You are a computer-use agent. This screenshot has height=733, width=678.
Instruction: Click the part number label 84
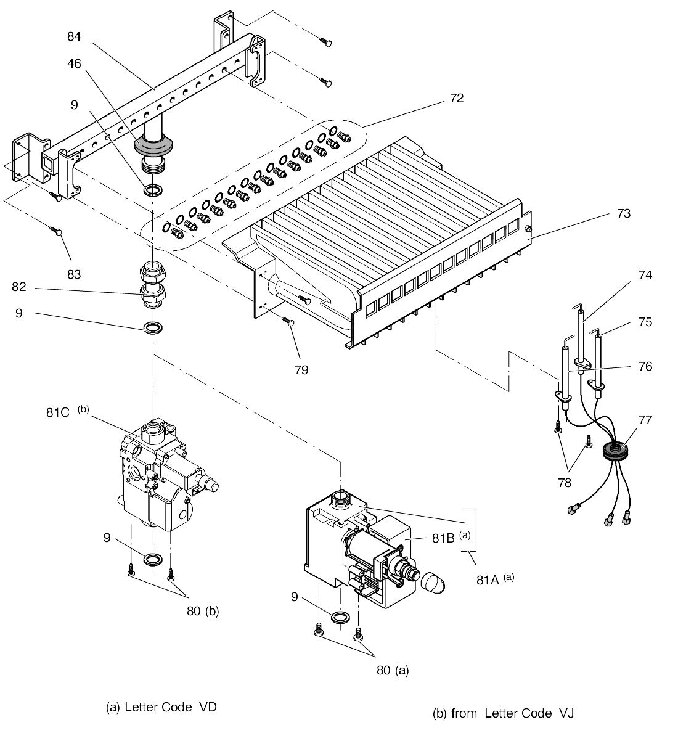tap(74, 36)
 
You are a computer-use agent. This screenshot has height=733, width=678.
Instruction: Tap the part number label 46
tap(74, 63)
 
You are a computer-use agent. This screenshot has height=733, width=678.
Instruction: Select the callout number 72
tap(457, 97)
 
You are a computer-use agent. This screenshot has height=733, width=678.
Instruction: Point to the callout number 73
tap(623, 213)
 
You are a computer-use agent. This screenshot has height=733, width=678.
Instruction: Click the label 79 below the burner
tap(301, 370)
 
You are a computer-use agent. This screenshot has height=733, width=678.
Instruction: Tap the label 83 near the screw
tap(74, 274)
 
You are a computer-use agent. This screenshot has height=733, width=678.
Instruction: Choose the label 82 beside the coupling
tap(18, 287)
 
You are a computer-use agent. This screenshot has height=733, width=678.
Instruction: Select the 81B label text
tap(443, 538)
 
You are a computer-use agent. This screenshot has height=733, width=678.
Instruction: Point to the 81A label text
tap(488, 580)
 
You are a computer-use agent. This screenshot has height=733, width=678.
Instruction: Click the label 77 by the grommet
tap(645, 420)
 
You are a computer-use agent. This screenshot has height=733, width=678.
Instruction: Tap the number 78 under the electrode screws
tap(565, 483)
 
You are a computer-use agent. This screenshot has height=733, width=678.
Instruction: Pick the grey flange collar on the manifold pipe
tap(153, 145)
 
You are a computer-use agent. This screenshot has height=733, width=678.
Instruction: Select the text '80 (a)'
tap(393, 670)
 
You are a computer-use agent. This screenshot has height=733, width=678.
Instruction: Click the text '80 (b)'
tap(203, 611)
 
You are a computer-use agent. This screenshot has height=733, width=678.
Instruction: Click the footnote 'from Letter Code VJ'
tap(512, 713)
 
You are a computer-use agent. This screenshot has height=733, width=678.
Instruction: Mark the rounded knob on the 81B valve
tap(433, 583)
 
